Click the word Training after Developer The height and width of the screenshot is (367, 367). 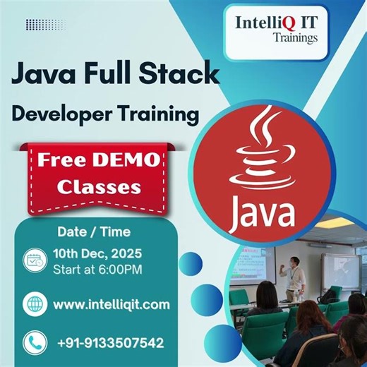tap(163, 113)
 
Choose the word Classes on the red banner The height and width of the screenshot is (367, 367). tap(89, 187)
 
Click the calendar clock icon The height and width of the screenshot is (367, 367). tap(33, 260)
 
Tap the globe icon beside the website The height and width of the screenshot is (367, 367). tap(33, 304)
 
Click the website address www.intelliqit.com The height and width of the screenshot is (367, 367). tap(112, 304)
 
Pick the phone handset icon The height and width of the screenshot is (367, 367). tap(33, 343)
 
